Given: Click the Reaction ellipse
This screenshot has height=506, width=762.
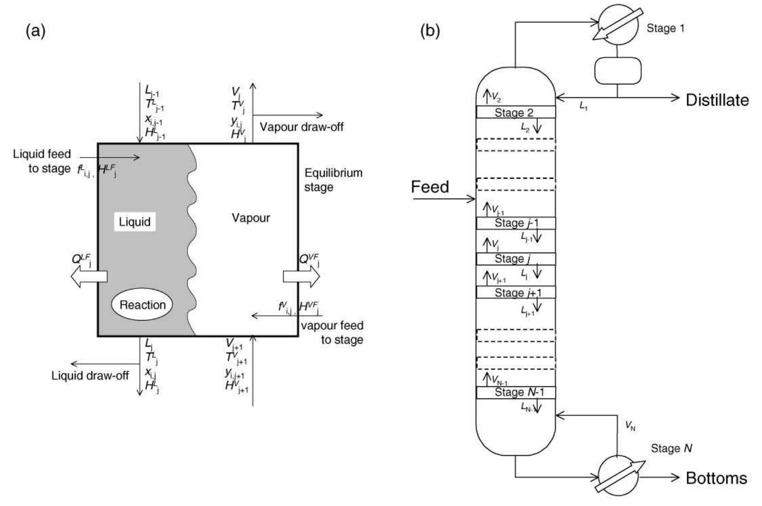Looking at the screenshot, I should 142,305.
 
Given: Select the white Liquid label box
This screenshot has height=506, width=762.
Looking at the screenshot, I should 135,222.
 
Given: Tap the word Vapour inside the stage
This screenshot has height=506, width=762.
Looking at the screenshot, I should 251,218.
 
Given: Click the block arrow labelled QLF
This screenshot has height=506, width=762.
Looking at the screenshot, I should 89,276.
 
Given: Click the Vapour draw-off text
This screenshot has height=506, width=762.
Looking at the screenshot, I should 302,127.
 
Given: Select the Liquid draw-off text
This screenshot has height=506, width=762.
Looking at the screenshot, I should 90,375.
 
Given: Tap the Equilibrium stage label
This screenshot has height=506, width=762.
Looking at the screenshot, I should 333,180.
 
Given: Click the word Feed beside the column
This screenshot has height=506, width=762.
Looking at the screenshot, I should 430,187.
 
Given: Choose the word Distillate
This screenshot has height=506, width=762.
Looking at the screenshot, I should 717,100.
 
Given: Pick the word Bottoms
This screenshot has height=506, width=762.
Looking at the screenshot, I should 716,478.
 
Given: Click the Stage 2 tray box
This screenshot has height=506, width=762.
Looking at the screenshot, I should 515,113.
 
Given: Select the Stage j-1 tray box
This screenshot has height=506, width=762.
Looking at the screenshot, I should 515,223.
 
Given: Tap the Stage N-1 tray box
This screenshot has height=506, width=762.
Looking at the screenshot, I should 515,392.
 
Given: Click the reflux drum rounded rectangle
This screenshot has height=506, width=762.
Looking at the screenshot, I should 617,71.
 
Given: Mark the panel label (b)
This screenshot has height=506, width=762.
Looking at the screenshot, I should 430,31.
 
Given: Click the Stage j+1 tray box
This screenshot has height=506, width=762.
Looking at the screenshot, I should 515,293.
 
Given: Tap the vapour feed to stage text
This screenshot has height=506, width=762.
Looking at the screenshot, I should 332,332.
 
